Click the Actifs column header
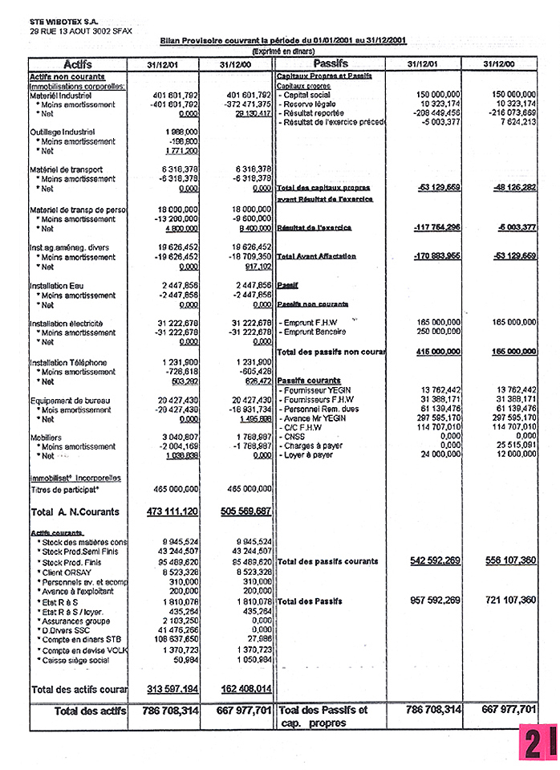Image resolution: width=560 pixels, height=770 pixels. (77, 63)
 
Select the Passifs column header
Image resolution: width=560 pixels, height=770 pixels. (331, 63)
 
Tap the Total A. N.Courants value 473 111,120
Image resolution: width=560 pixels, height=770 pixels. (172, 511)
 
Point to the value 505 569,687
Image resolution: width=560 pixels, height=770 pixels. (246, 511)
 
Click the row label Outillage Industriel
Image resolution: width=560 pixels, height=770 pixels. (62, 132)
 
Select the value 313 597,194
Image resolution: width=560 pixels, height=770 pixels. (172, 689)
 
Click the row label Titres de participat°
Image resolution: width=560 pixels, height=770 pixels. (64, 488)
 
